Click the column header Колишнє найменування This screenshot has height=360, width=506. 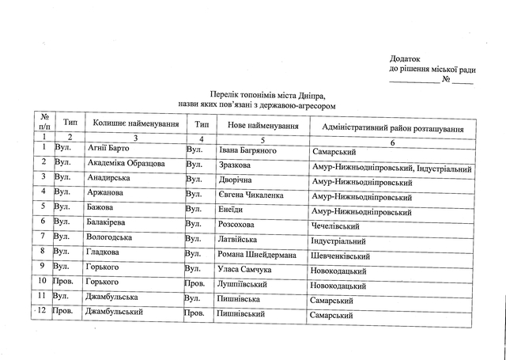click(135, 126)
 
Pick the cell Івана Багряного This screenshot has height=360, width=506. click(247, 150)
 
